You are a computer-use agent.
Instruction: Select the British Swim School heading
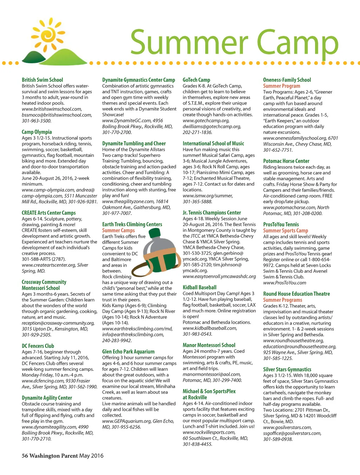point(42,80)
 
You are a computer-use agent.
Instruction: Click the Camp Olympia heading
point(37,132)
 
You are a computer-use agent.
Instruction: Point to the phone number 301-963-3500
point(37,121)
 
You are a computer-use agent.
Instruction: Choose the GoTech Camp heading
point(196,80)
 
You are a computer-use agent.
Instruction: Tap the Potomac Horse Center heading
point(286,161)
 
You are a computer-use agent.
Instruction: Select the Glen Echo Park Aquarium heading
point(128,351)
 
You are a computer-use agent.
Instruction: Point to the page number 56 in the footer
point(25,456)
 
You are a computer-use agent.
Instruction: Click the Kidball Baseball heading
point(199,287)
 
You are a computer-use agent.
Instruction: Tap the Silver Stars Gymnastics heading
point(287,369)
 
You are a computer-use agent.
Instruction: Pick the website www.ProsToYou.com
point(284,283)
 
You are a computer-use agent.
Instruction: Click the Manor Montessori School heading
point(209,345)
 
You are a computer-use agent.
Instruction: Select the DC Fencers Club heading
point(38,346)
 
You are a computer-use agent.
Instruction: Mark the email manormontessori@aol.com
point(212,374)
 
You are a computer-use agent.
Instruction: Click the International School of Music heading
point(213,144)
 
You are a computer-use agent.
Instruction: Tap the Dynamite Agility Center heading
point(47,398)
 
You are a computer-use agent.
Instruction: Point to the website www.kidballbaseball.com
point(210,328)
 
